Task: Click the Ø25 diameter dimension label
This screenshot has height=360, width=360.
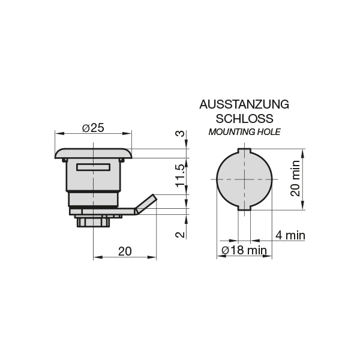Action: click(93, 128)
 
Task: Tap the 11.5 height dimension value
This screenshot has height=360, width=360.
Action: click(180, 176)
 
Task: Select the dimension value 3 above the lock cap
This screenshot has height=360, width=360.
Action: click(180, 133)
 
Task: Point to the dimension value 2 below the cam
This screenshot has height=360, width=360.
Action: click(180, 235)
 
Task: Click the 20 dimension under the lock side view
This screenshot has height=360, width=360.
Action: click(125, 251)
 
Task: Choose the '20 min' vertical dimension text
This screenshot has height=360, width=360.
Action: click(295, 178)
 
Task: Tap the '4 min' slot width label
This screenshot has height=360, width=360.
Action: click(290, 235)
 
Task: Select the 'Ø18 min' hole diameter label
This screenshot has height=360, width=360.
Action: click(244, 250)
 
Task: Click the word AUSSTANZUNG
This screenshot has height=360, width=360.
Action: click(244, 104)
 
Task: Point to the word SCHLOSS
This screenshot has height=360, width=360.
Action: click(244, 119)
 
